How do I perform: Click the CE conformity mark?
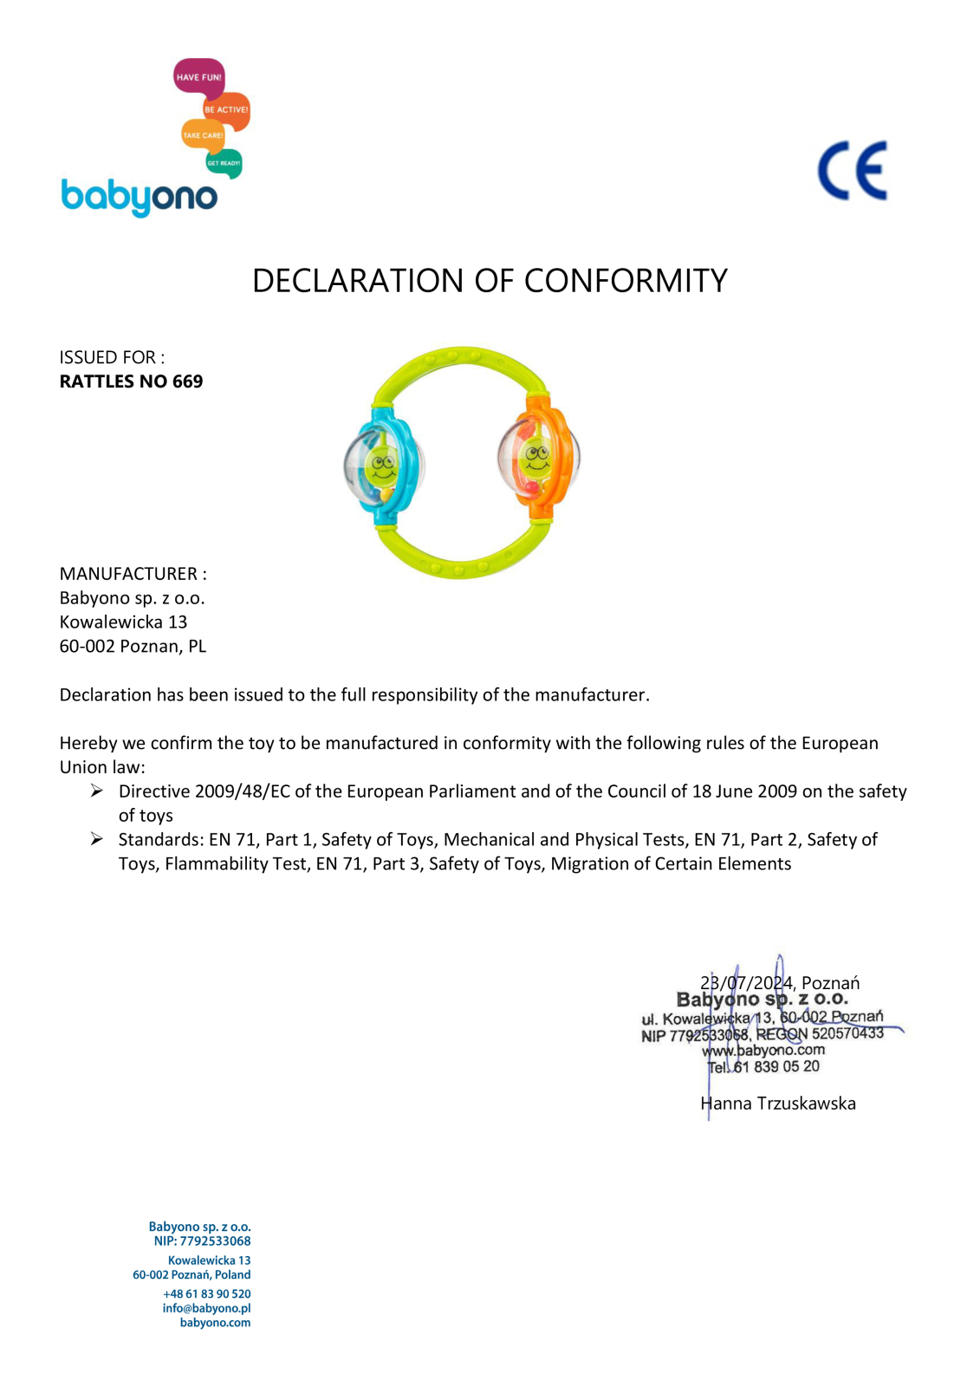pos(853,171)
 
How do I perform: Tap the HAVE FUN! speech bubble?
pos(198,77)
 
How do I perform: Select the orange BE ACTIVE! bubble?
pos(227,110)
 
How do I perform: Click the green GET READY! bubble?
pos(224,163)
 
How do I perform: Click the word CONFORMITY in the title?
pos(626,281)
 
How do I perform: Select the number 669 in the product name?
pos(187,381)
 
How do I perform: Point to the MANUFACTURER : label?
pos(133,574)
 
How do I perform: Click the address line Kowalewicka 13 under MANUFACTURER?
pos(123,622)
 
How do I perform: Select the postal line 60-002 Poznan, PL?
pos(133,646)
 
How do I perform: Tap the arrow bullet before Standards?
pos(97,839)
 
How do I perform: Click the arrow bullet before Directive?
pos(97,791)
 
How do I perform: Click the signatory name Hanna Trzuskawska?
pos(778,1104)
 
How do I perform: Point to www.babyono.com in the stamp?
pos(763,1051)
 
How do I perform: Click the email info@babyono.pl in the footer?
pos(206,1308)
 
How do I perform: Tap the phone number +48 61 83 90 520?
pos(206,1293)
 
